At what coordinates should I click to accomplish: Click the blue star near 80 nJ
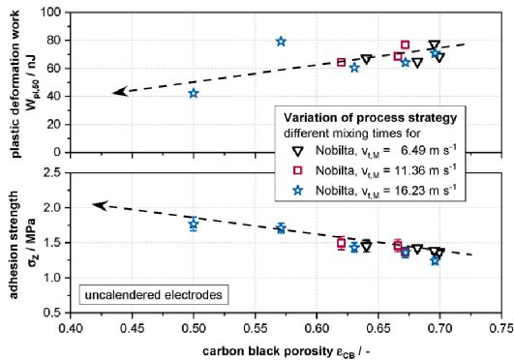(x=281, y=42)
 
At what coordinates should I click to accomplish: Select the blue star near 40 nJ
(x=194, y=94)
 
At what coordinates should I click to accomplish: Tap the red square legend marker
(x=297, y=170)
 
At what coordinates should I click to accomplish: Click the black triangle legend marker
(x=297, y=152)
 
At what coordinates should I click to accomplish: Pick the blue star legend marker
(x=297, y=191)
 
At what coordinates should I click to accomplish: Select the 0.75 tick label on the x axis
(x=501, y=328)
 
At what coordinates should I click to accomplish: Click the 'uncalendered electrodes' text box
(x=153, y=295)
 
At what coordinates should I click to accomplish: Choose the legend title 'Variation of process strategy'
(x=370, y=118)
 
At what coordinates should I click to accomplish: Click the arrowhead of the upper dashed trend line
(x=120, y=92)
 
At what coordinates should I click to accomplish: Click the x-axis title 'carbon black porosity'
(x=267, y=351)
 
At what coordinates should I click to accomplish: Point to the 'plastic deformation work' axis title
(x=15, y=84)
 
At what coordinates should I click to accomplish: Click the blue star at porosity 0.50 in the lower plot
(x=194, y=225)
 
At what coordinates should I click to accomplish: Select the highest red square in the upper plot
(x=406, y=45)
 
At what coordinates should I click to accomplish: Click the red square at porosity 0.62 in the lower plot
(x=342, y=243)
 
